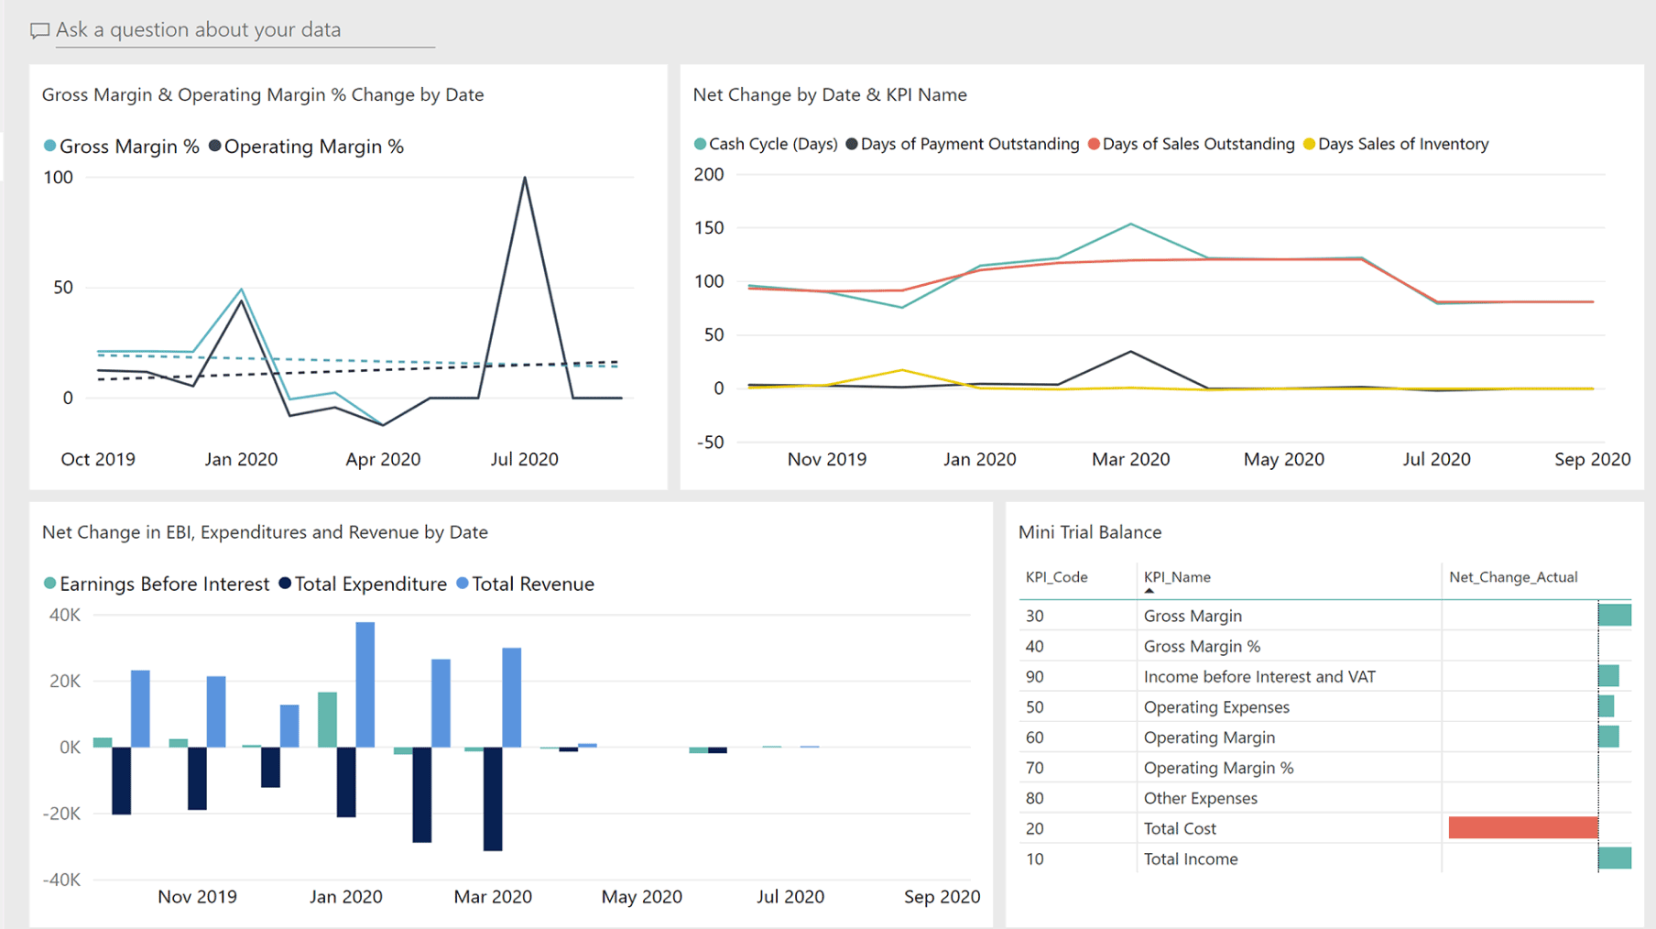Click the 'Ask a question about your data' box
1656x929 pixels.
198,30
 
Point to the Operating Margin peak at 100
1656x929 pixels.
525,178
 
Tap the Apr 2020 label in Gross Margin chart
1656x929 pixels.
383,459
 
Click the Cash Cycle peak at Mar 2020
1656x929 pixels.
1131,224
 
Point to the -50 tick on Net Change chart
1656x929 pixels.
710,443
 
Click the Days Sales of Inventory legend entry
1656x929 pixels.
1402,144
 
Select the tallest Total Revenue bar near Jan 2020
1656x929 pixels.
365,684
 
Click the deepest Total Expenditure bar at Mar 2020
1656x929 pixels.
493,798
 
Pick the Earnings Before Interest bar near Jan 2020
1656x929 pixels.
327,719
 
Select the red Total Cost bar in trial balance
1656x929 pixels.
1522,828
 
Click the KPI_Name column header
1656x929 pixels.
1177,577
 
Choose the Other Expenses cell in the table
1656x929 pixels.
1200,798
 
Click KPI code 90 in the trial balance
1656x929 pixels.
1034,677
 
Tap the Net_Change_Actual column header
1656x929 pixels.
1513,577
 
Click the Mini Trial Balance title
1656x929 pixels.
1090,532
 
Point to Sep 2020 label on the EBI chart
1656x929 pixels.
942,897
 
